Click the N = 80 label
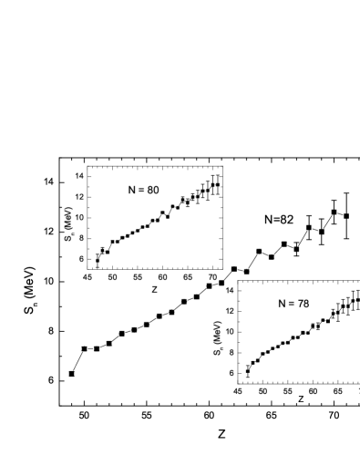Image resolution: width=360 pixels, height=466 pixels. tap(142, 190)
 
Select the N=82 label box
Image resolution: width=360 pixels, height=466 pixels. tap(278, 220)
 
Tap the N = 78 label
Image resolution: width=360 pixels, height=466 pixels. tap(293, 304)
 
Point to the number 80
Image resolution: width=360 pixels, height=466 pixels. tap(152, 190)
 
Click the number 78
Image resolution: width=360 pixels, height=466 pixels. tap(303, 304)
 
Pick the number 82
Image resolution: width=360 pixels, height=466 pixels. tap(285, 220)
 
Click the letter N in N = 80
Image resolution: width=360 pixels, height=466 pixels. tap(130, 190)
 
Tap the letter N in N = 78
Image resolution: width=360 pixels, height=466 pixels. tap(282, 304)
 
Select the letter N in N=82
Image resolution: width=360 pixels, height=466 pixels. tap(268, 220)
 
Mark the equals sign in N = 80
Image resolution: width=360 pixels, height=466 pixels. tap(140, 190)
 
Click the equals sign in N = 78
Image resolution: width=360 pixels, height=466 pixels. tap(292, 304)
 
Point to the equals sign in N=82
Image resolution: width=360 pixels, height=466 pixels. tap(275, 220)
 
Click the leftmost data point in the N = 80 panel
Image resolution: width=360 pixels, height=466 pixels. tap(98, 261)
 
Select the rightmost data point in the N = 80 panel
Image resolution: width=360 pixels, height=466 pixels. tap(218, 184)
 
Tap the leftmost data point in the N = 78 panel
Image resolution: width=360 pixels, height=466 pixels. tap(248, 371)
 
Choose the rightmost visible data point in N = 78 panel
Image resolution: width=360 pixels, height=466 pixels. tap(357, 299)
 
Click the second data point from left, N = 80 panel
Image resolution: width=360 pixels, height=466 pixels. tap(102, 250)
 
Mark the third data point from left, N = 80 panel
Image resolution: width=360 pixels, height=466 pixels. tap(108, 252)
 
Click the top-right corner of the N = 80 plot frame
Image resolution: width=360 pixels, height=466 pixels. tap(222, 166)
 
